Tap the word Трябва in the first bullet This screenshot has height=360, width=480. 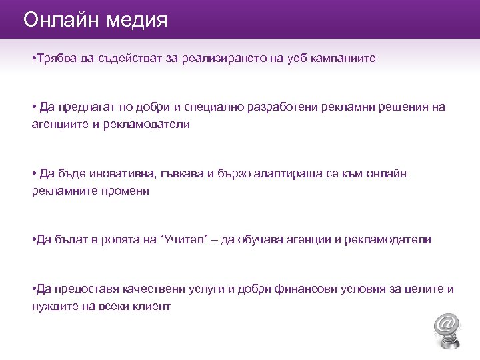57,59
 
